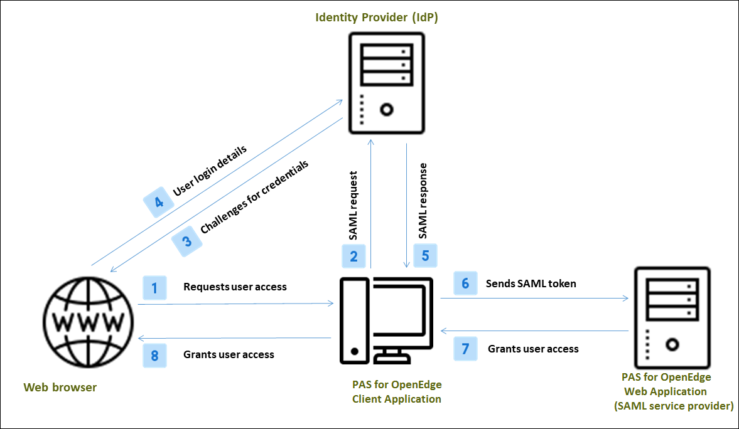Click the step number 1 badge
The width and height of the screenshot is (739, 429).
click(x=154, y=287)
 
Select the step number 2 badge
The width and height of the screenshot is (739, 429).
click(x=353, y=256)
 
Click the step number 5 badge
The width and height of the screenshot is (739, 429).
click(x=425, y=256)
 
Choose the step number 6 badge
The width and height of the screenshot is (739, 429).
click(x=465, y=283)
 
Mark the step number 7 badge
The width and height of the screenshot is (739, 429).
click(x=465, y=349)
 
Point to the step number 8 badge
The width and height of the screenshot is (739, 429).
click(x=154, y=355)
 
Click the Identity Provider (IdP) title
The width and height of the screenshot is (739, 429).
click(x=377, y=17)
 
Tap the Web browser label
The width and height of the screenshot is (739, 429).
click(x=60, y=387)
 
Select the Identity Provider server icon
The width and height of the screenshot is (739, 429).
click(x=386, y=82)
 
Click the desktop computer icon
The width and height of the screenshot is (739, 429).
click(x=386, y=320)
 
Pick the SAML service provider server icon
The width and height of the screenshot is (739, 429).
click(x=672, y=317)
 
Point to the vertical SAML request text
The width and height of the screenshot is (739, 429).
click(x=353, y=205)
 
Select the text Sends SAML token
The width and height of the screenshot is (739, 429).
click(x=531, y=283)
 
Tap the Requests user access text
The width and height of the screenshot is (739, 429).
click(x=235, y=287)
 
